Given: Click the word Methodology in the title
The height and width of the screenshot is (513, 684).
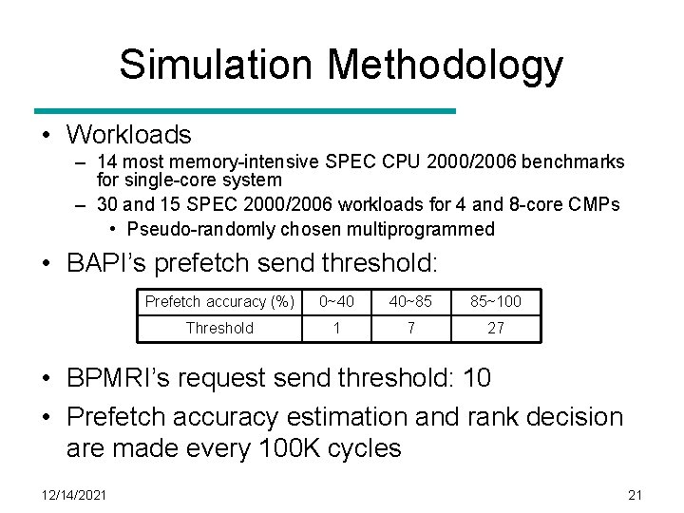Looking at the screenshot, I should [x=445, y=65].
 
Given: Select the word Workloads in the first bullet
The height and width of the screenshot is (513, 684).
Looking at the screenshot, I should [x=128, y=135].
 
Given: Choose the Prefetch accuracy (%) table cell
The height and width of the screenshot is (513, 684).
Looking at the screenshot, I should [x=219, y=301].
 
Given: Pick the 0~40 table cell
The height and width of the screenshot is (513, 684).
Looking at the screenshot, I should [x=336, y=301].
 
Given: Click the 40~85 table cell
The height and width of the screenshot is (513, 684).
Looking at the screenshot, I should [x=410, y=301].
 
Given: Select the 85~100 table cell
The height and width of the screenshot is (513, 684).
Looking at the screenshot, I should [x=496, y=301].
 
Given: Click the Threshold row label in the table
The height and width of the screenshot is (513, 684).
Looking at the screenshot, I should [x=219, y=328].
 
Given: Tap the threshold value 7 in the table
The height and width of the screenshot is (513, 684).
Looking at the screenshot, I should [x=410, y=328].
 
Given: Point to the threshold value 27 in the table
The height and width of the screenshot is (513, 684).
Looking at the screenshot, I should [x=496, y=328].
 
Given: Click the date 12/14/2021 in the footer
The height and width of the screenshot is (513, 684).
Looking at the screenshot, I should [x=74, y=494].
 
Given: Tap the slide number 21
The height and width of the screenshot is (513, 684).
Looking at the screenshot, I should [x=636, y=494].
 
